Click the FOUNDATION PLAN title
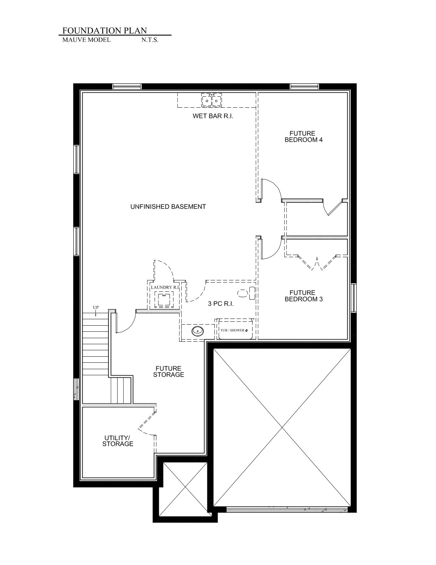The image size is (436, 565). click(x=105, y=30)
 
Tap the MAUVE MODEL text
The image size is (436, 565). click(x=87, y=40)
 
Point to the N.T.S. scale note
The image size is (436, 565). click(x=150, y=40)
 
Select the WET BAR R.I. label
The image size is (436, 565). click(x=213, y=116)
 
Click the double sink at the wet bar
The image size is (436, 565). click(x=212, y=100)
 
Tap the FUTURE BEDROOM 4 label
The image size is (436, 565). click(x=303, y=137)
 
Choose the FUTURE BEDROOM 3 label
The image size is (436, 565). click(x=303, y=296)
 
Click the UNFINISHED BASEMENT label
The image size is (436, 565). click(x=168, y=207)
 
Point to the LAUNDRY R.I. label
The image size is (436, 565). click(x=165, y=287)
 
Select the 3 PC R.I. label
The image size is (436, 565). click(x=221, y=304)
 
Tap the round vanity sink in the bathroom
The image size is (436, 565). click(x=198, y=331)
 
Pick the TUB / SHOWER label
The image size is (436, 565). click(x=232, y=330)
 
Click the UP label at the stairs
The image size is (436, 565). click(x=96, y=307)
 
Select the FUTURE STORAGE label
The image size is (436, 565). click(x=168, y=372)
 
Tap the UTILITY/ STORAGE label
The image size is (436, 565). click(x=118, y=441)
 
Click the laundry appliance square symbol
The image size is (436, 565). click(x=164, y=299)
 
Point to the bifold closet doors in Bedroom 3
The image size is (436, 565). click(x=317, y=262)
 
